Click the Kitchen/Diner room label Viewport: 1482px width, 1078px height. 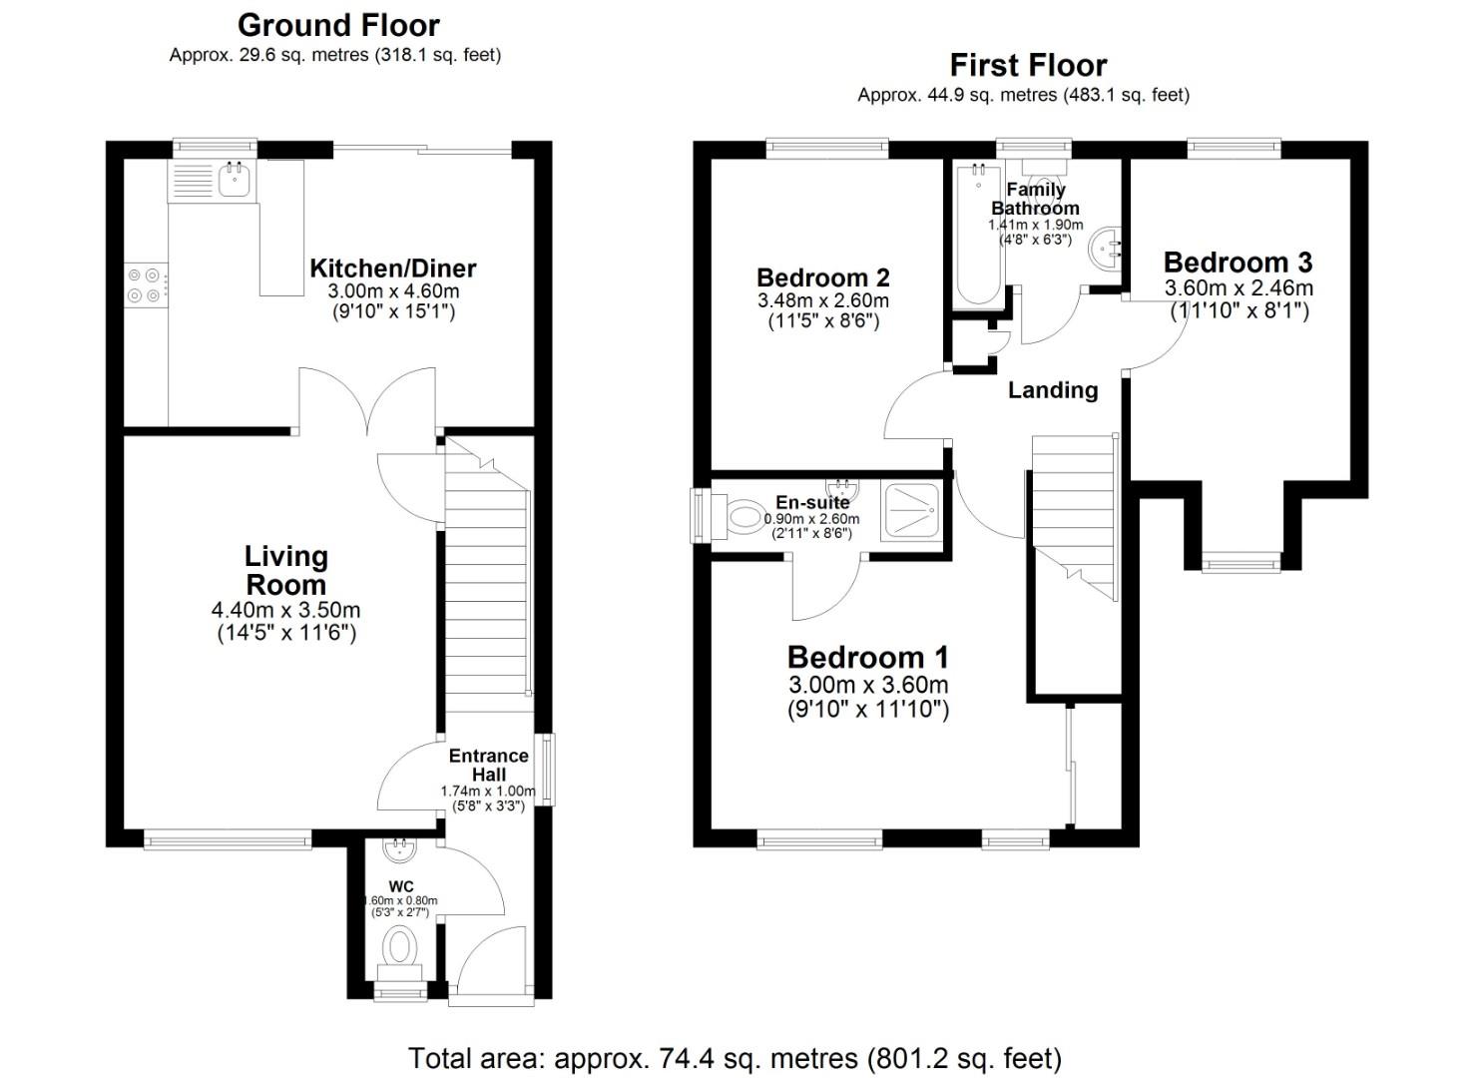(392, 268)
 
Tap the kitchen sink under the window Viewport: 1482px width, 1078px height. (234, 180)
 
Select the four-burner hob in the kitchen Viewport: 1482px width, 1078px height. (145, 284)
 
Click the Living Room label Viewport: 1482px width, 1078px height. (285, 570)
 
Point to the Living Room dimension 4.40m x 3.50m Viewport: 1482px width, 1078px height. (285, 610)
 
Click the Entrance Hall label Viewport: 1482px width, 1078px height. (488, 765)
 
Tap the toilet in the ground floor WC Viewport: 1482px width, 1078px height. (400, 946)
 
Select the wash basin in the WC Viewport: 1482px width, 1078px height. (401, 850)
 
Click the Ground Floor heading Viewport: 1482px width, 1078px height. (338, 25)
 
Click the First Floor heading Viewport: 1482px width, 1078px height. (1028, 66)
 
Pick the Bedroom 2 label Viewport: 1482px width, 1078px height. (822, 277)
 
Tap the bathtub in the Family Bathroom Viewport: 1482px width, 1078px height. (977, 235)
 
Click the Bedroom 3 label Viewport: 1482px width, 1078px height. (1237, 263)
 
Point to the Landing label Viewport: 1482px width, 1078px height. (1052, 390)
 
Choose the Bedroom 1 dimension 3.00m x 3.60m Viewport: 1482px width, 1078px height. (867, 685)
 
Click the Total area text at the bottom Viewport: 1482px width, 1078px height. (735, 1058)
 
